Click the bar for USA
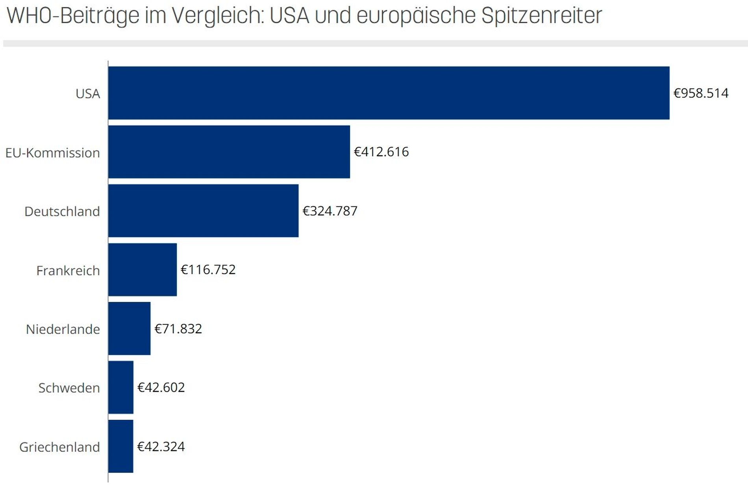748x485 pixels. (389, 93)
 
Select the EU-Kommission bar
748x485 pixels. (229, 152)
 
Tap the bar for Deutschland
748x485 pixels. (203, 211)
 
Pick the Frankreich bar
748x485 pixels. (142, 269)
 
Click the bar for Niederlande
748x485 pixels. (129, 328)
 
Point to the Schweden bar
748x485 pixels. (120, 387)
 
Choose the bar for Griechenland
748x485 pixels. (120, 446)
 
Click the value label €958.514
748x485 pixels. (701, 93)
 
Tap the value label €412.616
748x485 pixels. (381, 152)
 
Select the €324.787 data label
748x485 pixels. (330, 211)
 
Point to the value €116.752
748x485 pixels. (208, 269)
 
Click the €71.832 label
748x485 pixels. (178, 328)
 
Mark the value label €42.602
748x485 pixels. (161, 387)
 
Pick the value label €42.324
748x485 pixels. (161, 446)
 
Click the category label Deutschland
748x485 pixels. (62, 211)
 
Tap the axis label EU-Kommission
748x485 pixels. (52, 153)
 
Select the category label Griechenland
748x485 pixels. (59, 447)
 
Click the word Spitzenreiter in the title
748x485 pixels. (541, 16)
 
